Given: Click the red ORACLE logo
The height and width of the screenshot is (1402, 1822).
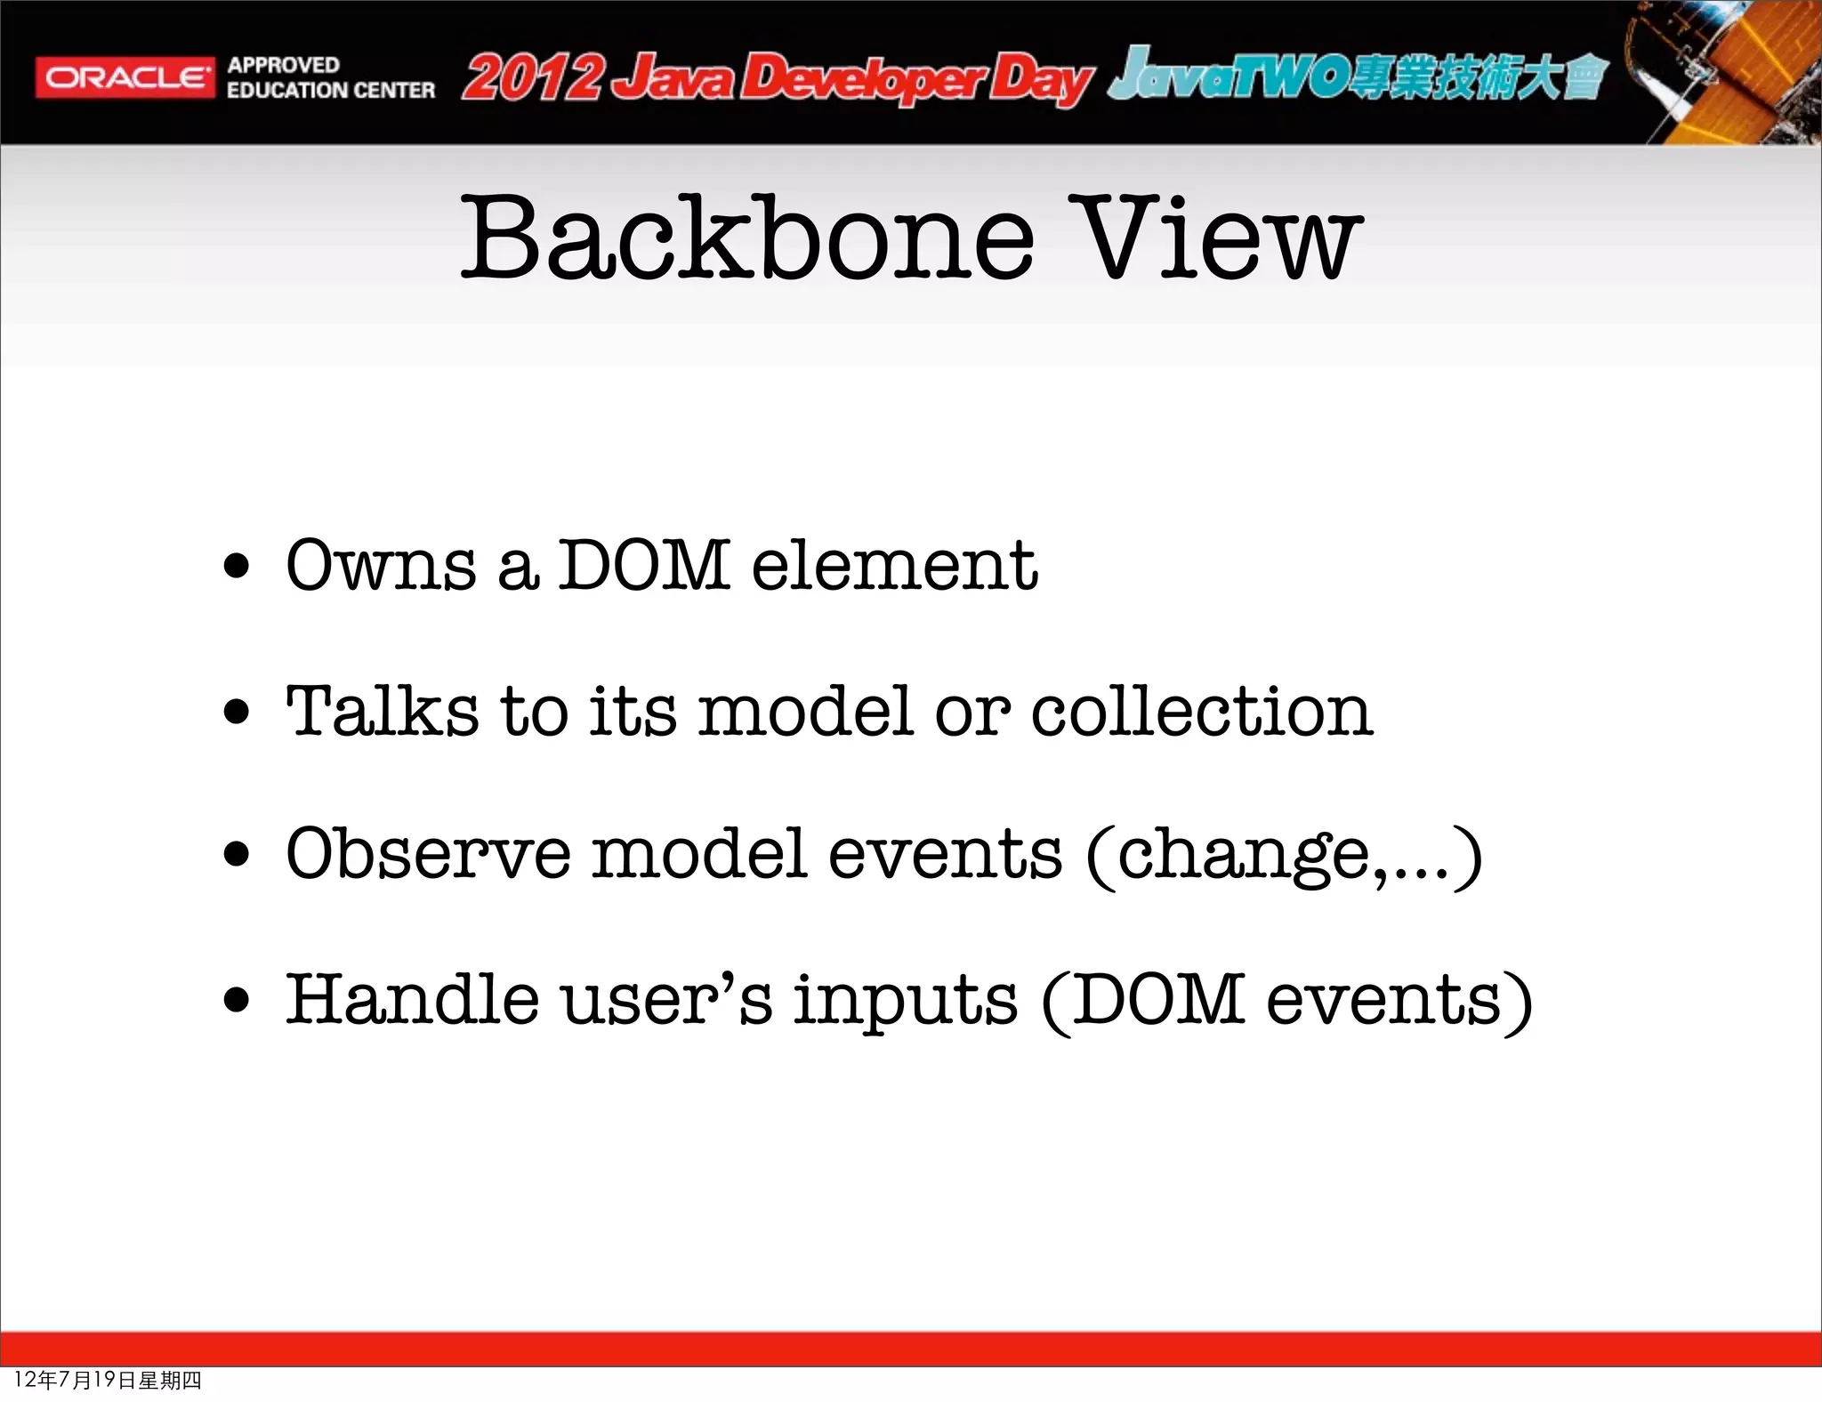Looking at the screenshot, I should coord(125,78).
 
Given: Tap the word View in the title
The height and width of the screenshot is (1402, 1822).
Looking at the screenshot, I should coord(1222,238).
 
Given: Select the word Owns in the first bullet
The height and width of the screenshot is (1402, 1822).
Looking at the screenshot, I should coord(381,566).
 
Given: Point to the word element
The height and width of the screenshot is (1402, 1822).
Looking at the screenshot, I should coord(894,566).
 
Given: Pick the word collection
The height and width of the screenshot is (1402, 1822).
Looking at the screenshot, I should coord(1201,712).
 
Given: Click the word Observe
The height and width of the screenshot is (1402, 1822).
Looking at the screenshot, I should coord(427,854).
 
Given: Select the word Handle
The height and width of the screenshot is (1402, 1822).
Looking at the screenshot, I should coord(412,1000).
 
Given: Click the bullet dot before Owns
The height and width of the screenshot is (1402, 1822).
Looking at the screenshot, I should coord(237,568).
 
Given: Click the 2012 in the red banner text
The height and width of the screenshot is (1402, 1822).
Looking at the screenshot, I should coord(532,78).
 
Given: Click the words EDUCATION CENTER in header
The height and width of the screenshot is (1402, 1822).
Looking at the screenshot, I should coord(330,91).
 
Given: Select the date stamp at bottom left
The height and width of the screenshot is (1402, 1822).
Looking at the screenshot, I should coord(108,1380).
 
